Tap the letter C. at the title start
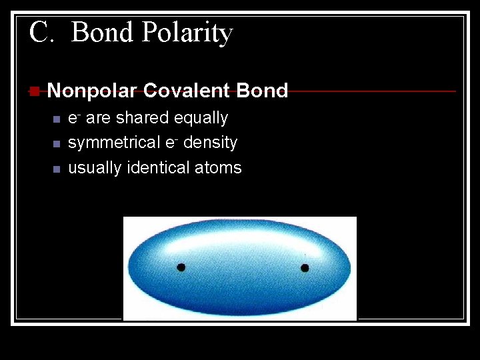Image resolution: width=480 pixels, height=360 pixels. (x=41, y=32)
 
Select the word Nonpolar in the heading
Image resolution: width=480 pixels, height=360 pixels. (x=92, y=91)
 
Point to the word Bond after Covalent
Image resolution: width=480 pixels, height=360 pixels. (x=262, y=91)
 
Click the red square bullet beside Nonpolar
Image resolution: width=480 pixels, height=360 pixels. (x=34, y=91)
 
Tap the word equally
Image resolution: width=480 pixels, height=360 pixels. (x=201, y=119)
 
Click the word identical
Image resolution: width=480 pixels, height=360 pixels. (x=157, y=167)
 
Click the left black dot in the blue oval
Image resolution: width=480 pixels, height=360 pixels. (x=181, y=267)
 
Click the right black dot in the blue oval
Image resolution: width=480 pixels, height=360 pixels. (x=305, y=268)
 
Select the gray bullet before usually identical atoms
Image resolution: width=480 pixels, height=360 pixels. (x=56, y=169)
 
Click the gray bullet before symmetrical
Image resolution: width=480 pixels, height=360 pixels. (x=56, y=144)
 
